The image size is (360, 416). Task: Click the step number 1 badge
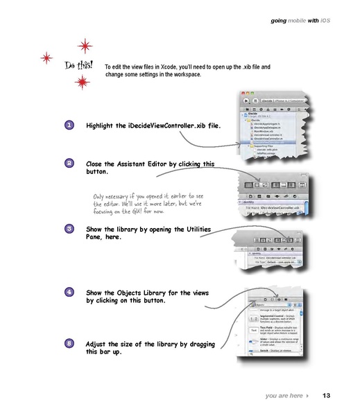(x=71, y=125)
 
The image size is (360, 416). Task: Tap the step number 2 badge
(x=71, y=164)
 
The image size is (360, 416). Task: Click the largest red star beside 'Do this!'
(x=86, y=47)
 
